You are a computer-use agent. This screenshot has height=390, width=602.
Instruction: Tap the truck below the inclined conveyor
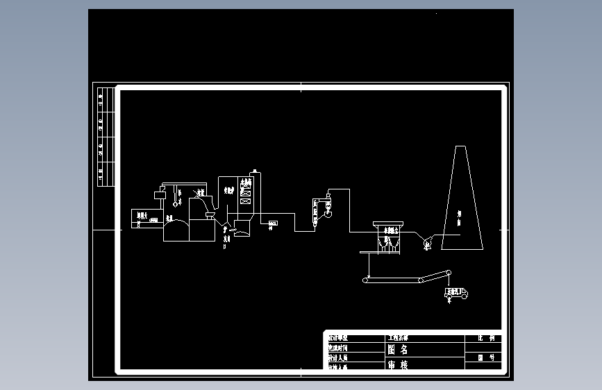click(455, 294)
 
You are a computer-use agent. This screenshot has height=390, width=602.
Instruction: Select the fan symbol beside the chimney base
click(427, 241)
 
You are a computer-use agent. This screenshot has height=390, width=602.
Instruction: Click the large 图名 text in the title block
click(397, 350)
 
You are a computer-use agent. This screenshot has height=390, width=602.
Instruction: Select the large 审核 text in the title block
click(397, 364)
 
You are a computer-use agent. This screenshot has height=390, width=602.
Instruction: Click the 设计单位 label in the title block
click(340, 338)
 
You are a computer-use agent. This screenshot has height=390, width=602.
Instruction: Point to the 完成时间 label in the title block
click(340, 348)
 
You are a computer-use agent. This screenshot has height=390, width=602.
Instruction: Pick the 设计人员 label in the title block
click(340, 358)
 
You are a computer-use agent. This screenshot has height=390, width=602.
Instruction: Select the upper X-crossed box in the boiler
click(246, 190)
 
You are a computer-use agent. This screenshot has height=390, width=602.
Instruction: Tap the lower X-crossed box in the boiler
click(246, 201)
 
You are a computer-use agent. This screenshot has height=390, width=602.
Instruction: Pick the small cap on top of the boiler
click(255, 170)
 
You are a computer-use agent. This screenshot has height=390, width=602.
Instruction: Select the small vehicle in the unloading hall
click(152, 219)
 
